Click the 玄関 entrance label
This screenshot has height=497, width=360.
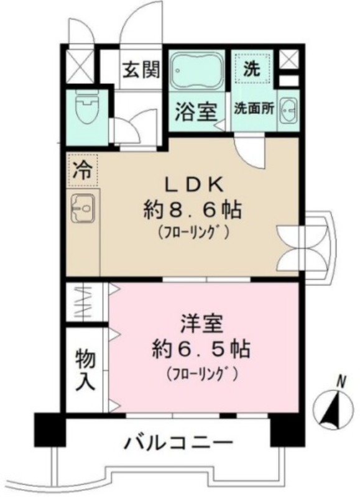141,70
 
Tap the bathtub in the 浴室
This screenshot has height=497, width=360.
196,71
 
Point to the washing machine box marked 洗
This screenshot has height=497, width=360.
252,69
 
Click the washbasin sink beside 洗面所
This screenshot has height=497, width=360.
288,109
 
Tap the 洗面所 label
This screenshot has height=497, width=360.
254,109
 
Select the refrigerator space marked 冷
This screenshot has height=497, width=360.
83,170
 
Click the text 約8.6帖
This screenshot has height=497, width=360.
193,210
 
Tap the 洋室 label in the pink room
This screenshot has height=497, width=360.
202,323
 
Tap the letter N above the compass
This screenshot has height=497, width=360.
341,381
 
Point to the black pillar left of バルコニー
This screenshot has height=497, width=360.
50,430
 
